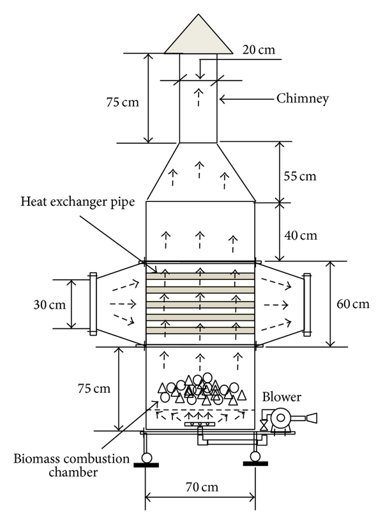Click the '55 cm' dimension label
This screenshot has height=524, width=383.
tap(300, 175)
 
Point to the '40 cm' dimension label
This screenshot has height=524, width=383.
tap(300, 235)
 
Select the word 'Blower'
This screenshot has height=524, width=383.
tap(282, 397)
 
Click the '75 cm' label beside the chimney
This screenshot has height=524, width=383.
tap(122, 101)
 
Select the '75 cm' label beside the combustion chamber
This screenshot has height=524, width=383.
tap(91, 388)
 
